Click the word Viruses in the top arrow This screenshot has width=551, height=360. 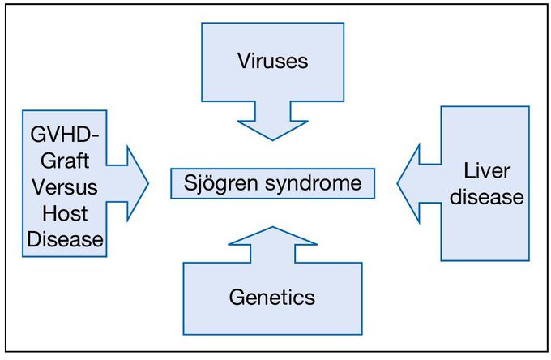pyautogui.click(x=272, y=62)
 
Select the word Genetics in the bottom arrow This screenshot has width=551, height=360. pyautogui.click(x=272, y=298)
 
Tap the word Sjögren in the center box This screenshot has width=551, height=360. pyautogui.click(x=213, y=182)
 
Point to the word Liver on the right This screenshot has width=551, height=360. pyautogui.click(x=485, y=171)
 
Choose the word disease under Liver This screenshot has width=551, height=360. pyautogui.click(x=484, y=197)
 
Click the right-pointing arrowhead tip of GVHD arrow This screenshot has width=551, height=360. pyautogui.click(x=148, y=183)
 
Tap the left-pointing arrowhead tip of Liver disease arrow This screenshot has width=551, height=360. pyautogui.click(x=398, y=182)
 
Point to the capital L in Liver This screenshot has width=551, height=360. pyautogui.click(x=469, y=171)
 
